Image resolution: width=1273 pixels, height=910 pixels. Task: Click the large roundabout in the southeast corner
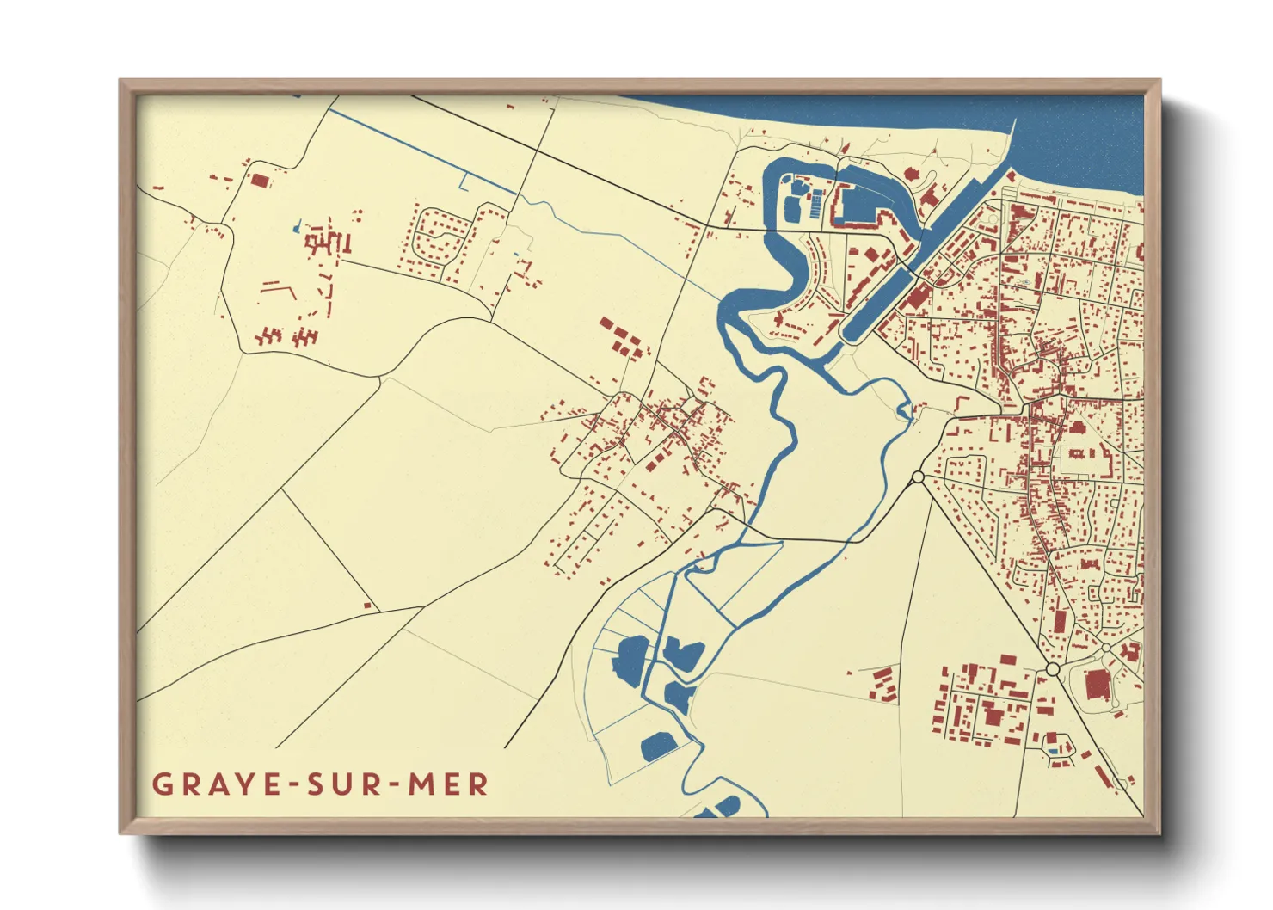[x=1053, y=669]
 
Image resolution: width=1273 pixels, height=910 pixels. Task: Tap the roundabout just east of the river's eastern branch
[x=918, y=477]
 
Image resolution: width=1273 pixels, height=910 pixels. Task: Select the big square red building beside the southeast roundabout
[x=1097, y=686]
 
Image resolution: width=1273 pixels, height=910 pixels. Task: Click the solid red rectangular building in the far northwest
[x=259, y=181]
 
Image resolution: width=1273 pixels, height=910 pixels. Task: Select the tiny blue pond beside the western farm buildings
[x=298, y=229]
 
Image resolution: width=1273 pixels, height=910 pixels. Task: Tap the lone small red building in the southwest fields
[x=367, y=606]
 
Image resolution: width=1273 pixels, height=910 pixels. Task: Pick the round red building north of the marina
[x=911, y=175]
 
